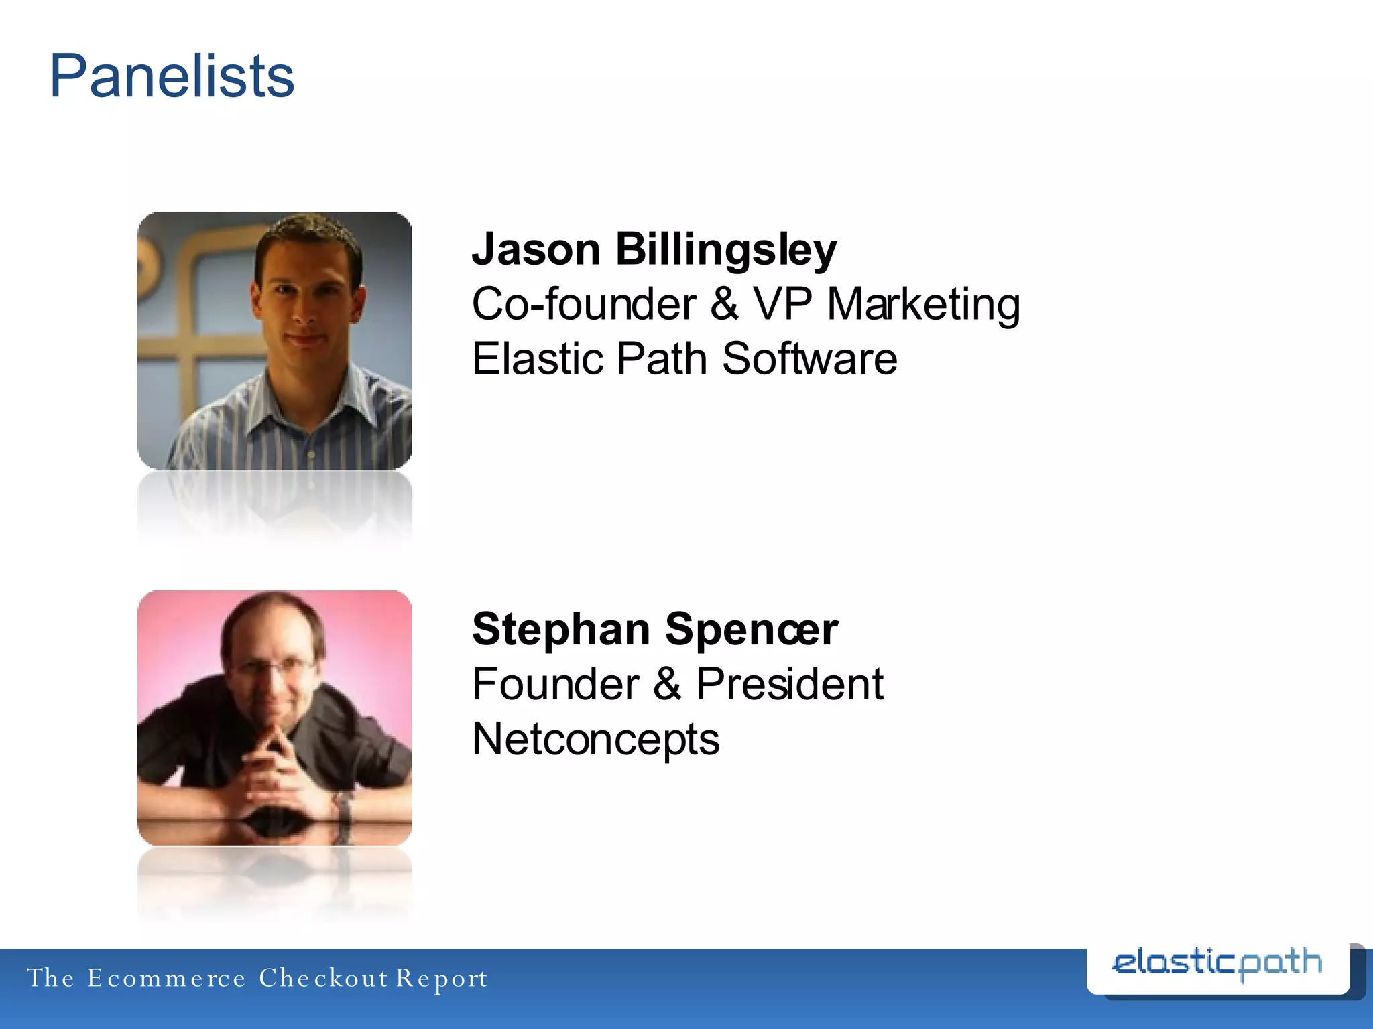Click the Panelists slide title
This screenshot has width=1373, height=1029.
point(172,76)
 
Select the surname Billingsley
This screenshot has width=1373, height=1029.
point(726,249)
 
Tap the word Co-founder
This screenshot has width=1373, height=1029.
point(584,304)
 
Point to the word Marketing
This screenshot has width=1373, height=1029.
point(923,304)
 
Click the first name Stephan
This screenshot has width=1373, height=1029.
point(561,630)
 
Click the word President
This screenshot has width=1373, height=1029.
point(789,684)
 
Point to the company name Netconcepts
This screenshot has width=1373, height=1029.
point(595,739)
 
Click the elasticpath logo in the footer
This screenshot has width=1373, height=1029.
point(1217,965)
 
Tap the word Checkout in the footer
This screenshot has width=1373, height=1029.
point(324,978)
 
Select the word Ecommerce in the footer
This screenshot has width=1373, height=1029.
point(166,978)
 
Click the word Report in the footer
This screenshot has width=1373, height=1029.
point(441,978)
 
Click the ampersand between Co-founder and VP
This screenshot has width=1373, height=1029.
point(724,304)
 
